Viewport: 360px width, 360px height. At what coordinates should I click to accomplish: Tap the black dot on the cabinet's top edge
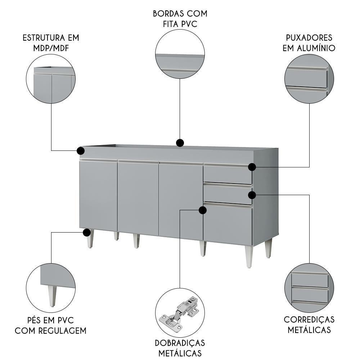pos(180,143)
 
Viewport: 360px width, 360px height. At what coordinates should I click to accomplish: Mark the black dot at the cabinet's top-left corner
pos(81,150)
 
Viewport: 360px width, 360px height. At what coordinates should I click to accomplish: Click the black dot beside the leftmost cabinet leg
pos(86,233)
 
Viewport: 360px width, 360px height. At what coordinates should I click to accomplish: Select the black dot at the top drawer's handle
pos(252,167)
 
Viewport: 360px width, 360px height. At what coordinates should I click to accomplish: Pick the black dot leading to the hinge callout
pos(203,210)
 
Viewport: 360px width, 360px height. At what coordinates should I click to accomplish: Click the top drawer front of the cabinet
pos(228,174)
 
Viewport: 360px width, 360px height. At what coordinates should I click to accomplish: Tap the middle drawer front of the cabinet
pos(228,194)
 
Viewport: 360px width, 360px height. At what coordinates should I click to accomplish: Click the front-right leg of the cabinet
pos(249,256)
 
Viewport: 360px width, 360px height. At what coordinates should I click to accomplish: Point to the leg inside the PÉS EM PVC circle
pos(52,295)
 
